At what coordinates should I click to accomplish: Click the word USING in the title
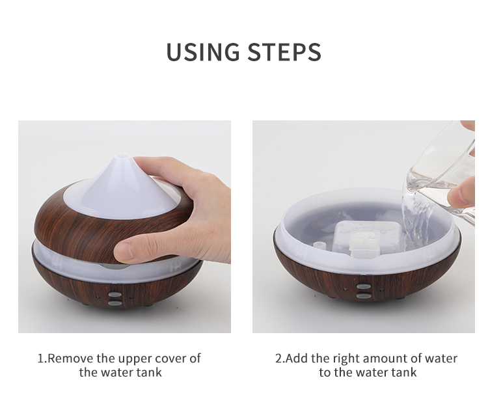point(203,51)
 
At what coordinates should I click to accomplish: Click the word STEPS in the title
point(284,51)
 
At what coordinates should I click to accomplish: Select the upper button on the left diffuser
point(115,293)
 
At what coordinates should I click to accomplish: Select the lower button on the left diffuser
point(115,302)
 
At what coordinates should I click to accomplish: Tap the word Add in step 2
point(297,359)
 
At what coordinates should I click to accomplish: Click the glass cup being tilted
point(442,174)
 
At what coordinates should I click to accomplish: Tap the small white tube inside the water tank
point(318,245)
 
